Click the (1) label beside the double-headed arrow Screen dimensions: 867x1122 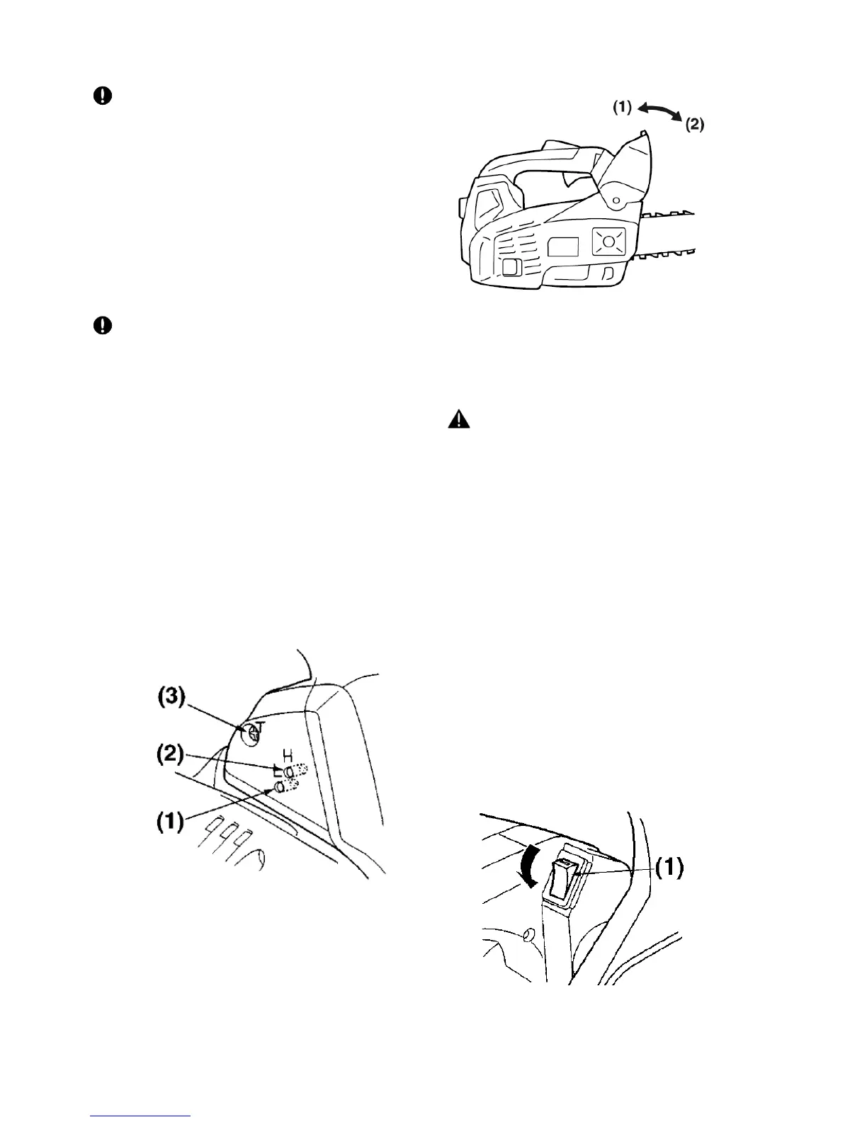[622, 108]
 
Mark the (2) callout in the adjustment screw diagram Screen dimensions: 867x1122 [170, 754]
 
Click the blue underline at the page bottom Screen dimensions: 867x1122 [141, 1116]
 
